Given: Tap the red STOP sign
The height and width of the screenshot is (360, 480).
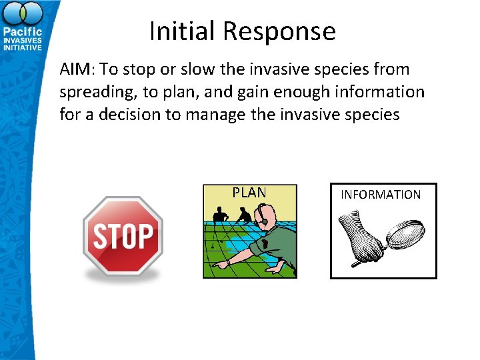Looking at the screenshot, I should (123, 236).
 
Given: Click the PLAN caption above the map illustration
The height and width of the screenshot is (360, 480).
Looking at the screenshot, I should (249, 193).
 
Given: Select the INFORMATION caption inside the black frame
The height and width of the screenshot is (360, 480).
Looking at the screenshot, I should (381, 195).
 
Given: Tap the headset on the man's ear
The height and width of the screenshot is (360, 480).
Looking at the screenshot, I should (265, 220).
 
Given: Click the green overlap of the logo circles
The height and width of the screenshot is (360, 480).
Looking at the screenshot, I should (22, 14).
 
